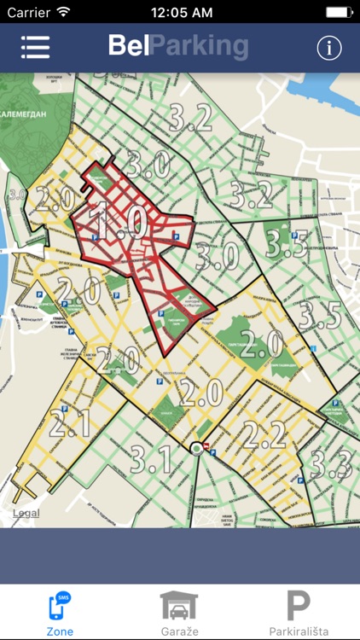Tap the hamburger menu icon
point(35,48)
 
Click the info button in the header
point(329,48)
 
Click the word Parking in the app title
point(199,46)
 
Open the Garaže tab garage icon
point(179,606)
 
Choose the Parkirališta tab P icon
point(298,606)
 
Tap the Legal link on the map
point(26,514)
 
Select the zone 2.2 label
point(264,435)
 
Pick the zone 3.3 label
point(329,463)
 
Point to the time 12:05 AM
point(180,13)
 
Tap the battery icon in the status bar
point(339,13)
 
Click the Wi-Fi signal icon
point(65,13)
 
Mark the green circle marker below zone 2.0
point(198,448)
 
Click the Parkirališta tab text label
point(298,631)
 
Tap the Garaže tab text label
point(179,631)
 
